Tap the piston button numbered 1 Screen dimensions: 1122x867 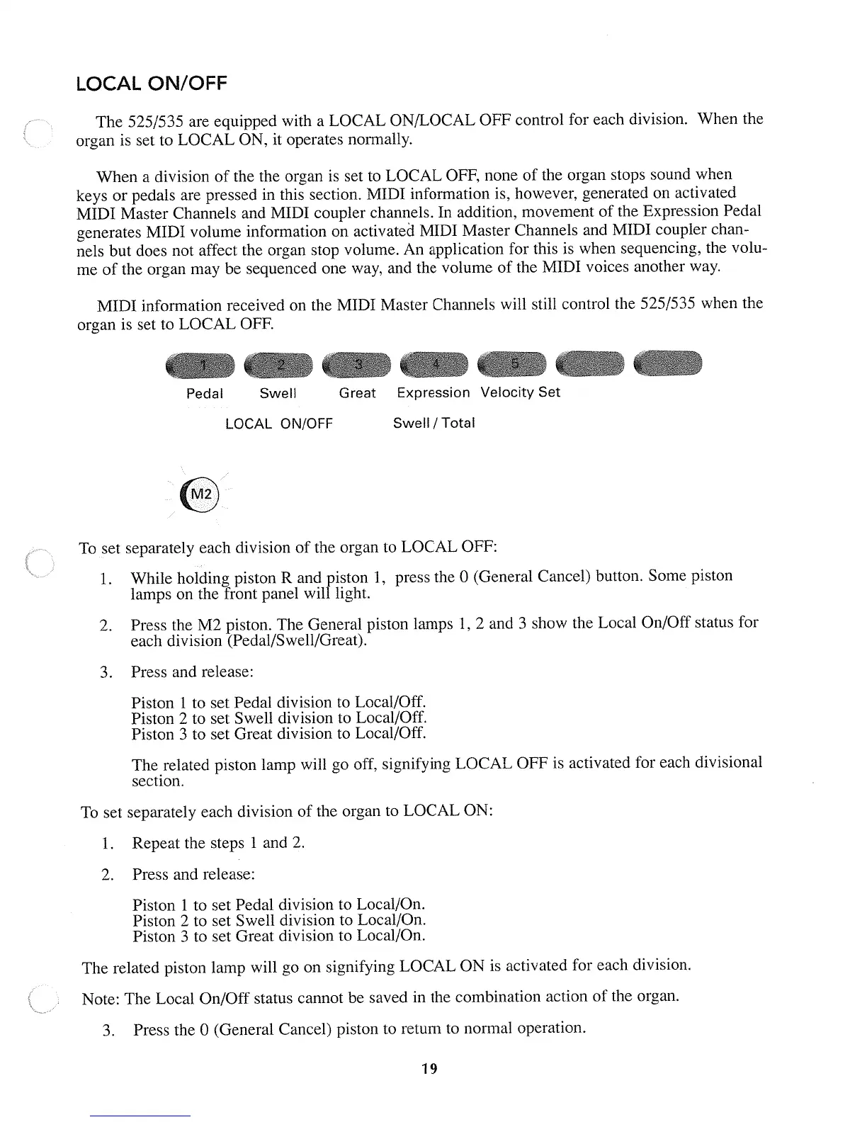[x=199, y=364]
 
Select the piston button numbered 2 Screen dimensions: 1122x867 [x=278, y=364]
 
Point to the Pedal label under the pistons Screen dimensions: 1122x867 [x=205, y=393]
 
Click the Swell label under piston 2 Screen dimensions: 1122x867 [x=278, y=393]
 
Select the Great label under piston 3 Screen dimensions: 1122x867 [x=357, y=393]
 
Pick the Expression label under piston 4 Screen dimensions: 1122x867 [x=433, y=393]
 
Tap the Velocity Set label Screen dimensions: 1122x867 [x=520, y=392]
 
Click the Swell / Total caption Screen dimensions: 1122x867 [x=433, y=423]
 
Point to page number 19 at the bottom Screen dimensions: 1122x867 [x=429, y=1069]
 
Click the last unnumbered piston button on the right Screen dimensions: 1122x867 [x=668, y=363]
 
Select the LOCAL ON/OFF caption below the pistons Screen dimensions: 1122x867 [x=278, y=424]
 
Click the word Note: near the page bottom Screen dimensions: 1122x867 [x=101, y=999]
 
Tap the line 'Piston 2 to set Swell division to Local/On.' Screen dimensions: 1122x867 [x=279, y=920]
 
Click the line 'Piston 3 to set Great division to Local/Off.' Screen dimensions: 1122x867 [x=278, y=734]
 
